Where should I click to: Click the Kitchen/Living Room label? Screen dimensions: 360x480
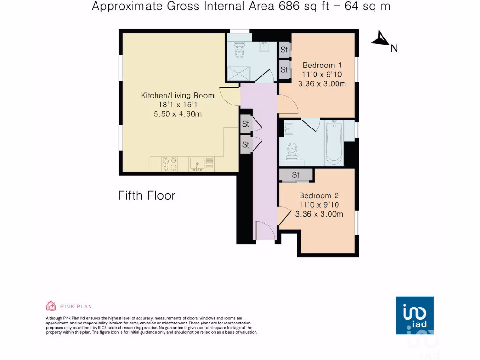click(x=178, y=95)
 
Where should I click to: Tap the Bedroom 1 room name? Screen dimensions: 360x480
click(x=322, y=65)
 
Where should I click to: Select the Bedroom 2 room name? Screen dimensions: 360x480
click(x=319, y=195)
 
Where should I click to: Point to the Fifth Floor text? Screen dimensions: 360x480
click(x=146, y=195)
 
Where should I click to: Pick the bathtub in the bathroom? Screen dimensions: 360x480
click(x=333, y=142)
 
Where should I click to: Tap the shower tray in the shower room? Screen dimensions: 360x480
click(x=239, y=73)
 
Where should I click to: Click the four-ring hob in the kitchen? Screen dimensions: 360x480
click(x=170, y=164)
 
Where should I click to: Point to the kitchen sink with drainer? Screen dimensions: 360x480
click(x=202, y=164)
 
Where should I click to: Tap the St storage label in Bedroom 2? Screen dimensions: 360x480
click(x=295, y=175)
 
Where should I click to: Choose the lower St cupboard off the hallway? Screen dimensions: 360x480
click(x=246, y=145)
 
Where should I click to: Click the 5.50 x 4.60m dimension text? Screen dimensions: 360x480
click(x=178, y=114)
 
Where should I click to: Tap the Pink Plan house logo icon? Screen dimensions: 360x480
click(x=51, y=307)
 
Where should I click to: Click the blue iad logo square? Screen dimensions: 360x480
click(x=414, y=315)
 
